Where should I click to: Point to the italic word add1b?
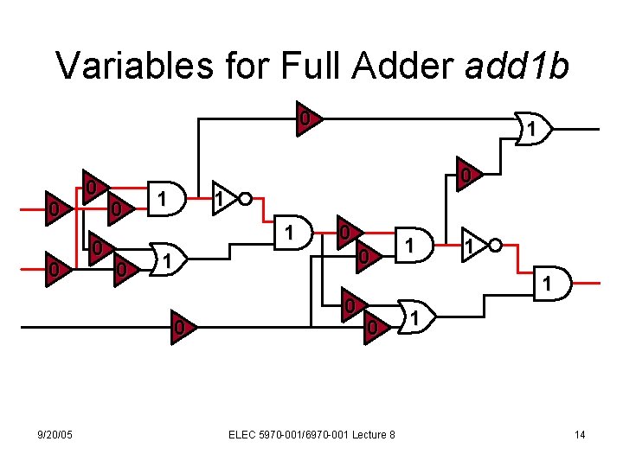click(517, 65)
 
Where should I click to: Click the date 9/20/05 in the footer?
click(54, 434)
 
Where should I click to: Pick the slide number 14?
click(580, 434)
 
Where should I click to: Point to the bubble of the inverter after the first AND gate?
click(246, 200)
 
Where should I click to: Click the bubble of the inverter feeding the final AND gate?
click(494, 246)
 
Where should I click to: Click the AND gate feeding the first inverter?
click(163, 200)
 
